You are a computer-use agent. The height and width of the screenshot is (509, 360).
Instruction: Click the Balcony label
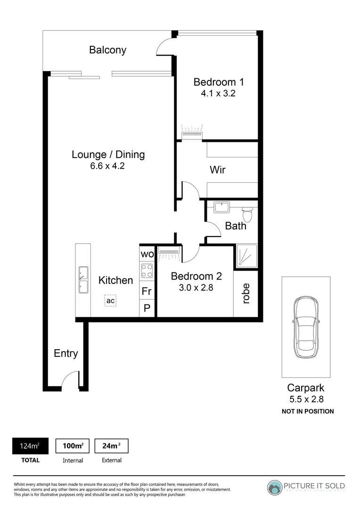tap(108, 50)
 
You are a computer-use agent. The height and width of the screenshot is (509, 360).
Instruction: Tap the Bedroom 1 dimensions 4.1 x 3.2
tap(218, 93)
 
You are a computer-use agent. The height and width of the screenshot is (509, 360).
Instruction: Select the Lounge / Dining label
tap(108, 154)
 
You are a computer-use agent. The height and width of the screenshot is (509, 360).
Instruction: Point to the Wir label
tap(217, 170)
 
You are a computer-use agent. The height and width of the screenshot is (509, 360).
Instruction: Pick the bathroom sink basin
tap(221, 207)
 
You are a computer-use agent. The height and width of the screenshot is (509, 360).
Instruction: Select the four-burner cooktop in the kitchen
tap(147, 271)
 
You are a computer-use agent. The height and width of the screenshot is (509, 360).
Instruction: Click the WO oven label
tap(147, 254)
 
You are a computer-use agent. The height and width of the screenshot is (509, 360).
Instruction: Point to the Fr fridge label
tap(147, 291)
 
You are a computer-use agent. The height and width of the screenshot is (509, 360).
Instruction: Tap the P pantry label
tap(147, 308)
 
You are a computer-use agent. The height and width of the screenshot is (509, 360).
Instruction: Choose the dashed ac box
tap(110, 300)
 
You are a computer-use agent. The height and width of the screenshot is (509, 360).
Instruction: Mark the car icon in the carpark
tap(305, 328)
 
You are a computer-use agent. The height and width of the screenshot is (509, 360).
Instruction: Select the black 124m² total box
tap(30, 446)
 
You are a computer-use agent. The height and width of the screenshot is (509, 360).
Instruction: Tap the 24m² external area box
tap(111, 446)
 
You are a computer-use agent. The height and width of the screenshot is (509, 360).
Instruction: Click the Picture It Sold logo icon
tap(275, 488)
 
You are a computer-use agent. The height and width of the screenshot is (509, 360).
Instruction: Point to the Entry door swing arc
tap(69, 378)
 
